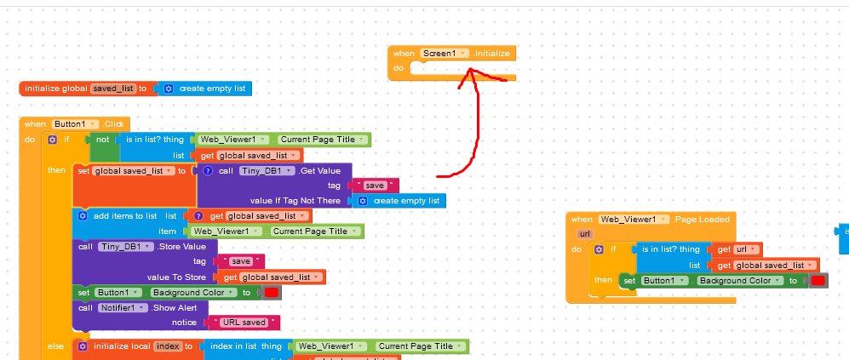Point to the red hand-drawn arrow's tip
(x=467, y=71)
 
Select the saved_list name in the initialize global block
(x=113, y=89)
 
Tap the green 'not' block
(x=103, y=140)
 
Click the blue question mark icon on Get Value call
(x=208, y=170)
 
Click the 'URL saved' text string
(x=245, y=323)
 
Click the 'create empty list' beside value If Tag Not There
(x=400, y=201)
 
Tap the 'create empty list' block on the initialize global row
(x=205, y=89)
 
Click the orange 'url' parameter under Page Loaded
(x=584, y=233)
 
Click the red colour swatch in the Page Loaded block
(x=818, y=281)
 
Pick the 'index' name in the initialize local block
(x=168, y=346)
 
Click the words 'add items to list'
(x=125, y=216)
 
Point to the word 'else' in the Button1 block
(x=55, y=346)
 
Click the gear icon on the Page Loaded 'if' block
(x=599, y=249)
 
